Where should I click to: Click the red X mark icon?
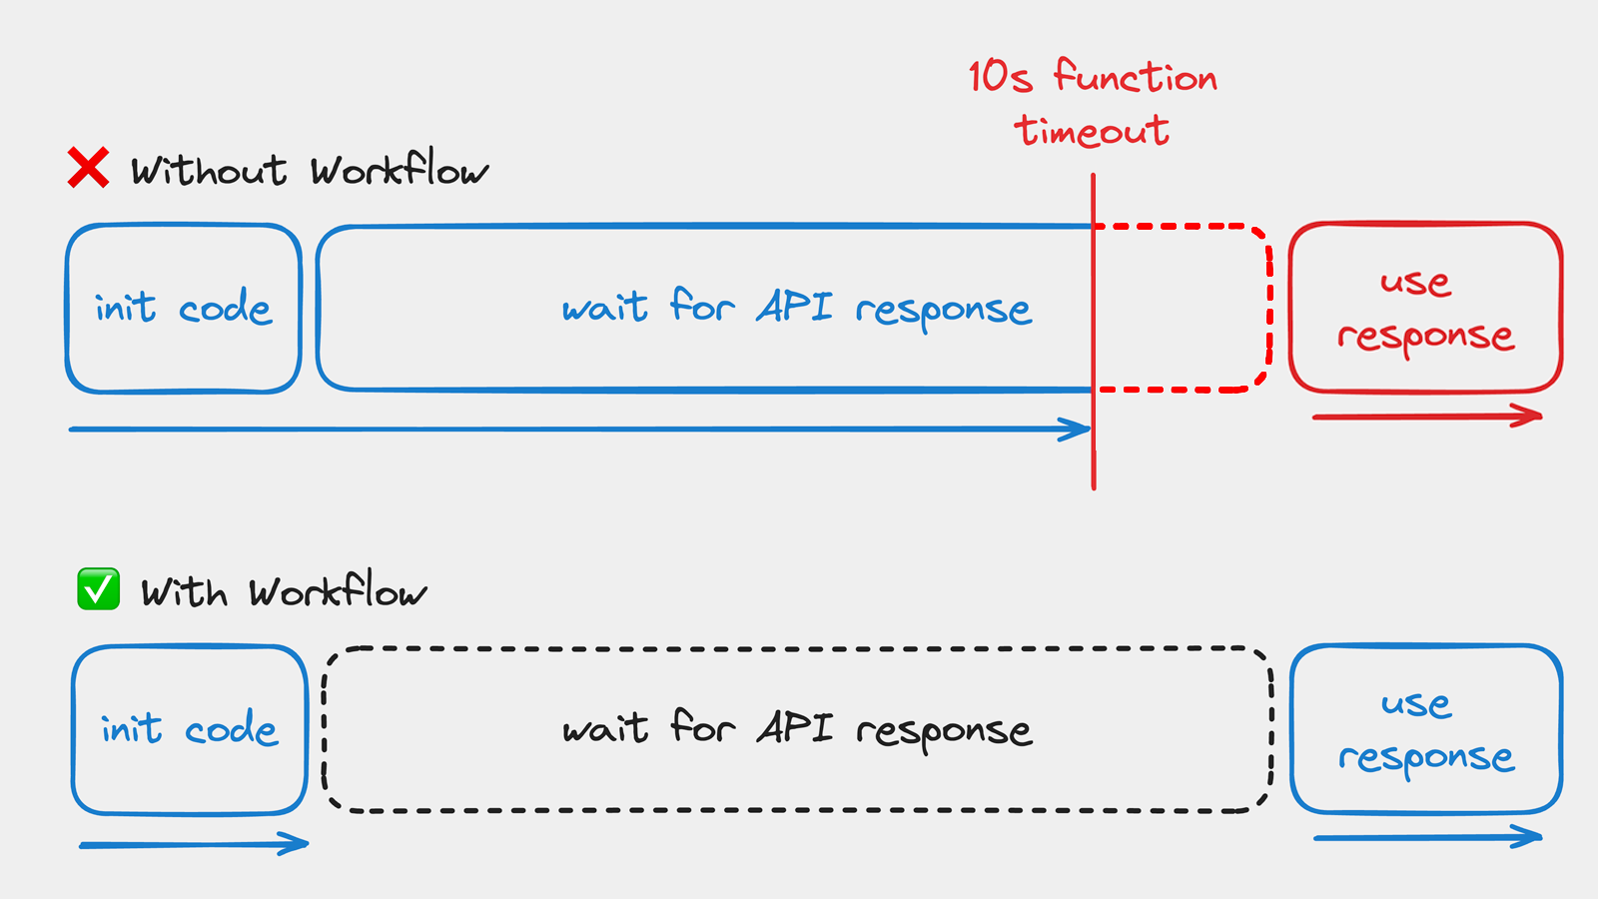point(88,168)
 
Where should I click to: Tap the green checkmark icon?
point(98,589)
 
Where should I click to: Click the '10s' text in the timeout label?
point(1000,77)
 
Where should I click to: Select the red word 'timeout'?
point(1092,131)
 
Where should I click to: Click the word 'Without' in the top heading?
point(209,171)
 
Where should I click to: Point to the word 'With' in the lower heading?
point(185,592)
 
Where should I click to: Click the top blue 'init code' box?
point(184,308)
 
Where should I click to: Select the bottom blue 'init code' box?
point(190,729)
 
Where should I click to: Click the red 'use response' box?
point(1425,308)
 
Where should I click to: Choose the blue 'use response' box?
point(1426,729)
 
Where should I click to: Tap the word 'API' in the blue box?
point(794,307)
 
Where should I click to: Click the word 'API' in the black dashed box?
point(794,727)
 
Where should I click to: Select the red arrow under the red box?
point(1428,417)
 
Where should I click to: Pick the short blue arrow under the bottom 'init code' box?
point(195,845)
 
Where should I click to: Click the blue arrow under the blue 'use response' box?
point(1428,837)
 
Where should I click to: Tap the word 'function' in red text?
point(1136,77)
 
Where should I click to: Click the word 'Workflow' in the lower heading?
point(338,591)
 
